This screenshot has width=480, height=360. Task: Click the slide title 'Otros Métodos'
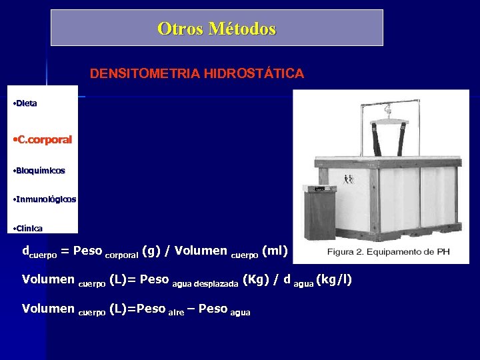[x=217, y=29]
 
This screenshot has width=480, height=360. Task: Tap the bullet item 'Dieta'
[x=27, y=103]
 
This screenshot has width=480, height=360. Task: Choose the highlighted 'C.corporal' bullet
[x=43, y=140]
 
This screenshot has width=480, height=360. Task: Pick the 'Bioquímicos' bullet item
[x=40, y=171]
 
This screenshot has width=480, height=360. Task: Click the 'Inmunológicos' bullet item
[x=45, y=199]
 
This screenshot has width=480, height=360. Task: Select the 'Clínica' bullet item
[x=29, y=229]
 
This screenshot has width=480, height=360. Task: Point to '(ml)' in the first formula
[x=275, y=251]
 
